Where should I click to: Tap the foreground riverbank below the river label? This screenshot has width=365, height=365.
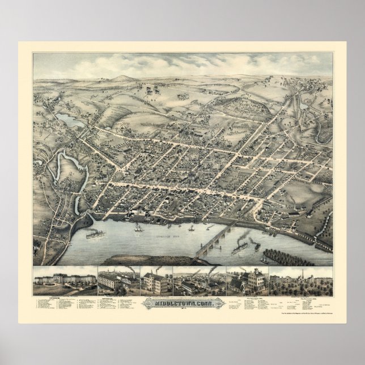pyautogui.click(x=142, y=259)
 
